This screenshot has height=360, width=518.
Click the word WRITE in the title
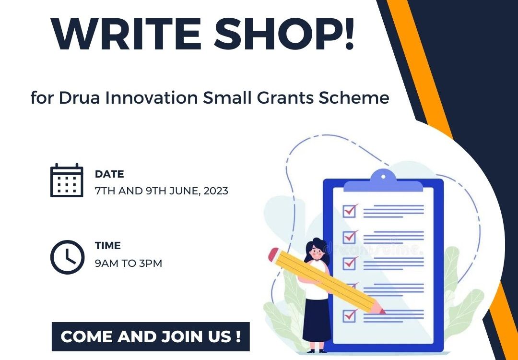(126, 34)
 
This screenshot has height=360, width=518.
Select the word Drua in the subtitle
(79, 97)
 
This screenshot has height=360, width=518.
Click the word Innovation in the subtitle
(152, 97)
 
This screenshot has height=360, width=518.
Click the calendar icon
(67, 180)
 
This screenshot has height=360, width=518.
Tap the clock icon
(68, 257)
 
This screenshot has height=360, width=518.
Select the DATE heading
(109, 174)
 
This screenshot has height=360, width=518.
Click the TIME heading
(108, 246)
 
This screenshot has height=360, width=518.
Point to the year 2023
(216, 191)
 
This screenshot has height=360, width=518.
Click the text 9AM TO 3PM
(129, 264)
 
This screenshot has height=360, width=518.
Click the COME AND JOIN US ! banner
(151, 336)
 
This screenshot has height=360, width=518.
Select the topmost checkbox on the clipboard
(349, 211)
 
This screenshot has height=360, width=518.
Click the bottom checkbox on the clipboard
(349, 315)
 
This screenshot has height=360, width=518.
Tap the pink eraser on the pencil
(273, 254)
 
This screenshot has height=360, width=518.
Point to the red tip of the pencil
(382, 311)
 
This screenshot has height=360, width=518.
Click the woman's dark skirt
(317, 320)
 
